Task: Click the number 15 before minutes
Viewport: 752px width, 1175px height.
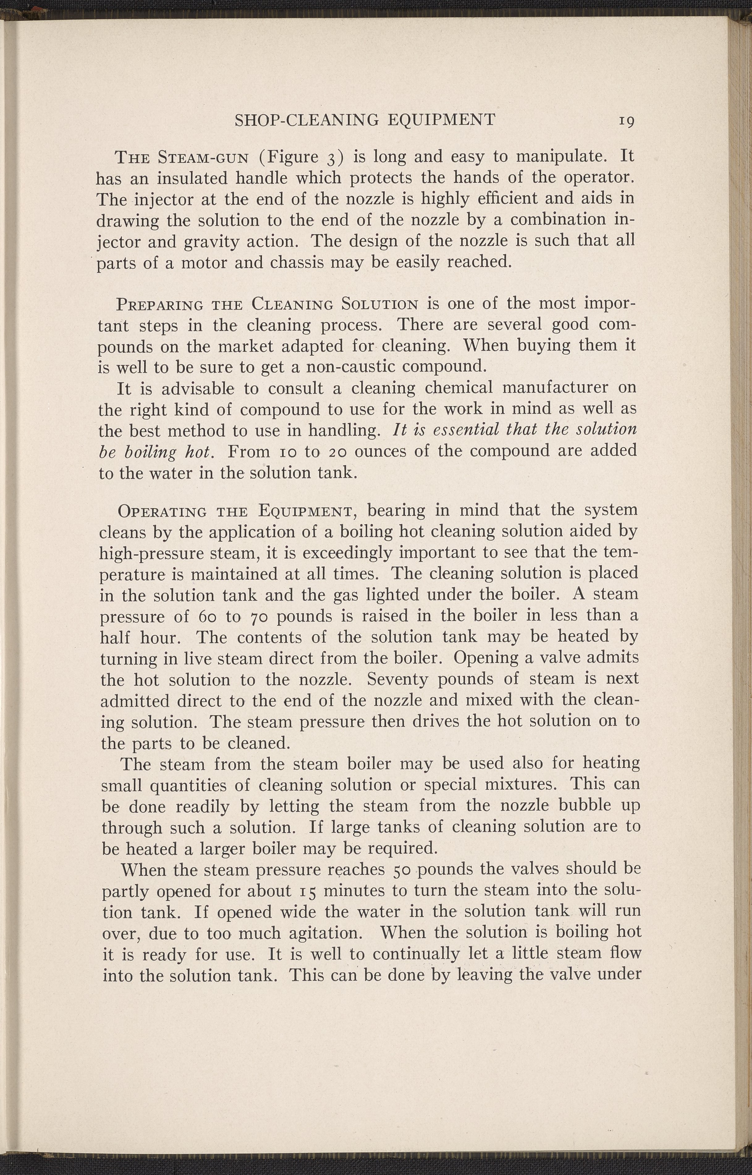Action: coord(308,891)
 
